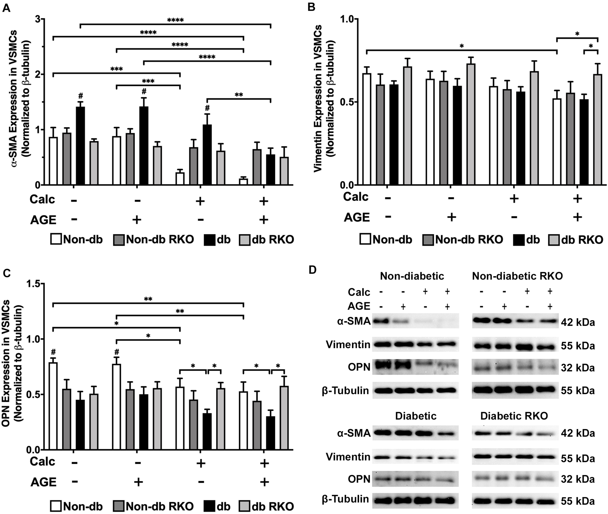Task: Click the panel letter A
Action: [6, 8]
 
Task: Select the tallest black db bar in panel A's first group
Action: [80, 146]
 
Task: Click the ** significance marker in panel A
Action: [239, 95]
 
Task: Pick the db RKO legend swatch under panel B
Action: [554, 240]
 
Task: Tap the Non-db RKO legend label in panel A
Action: [160, 240]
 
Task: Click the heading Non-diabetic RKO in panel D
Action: [517, 276]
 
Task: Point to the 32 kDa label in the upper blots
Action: [578, 368]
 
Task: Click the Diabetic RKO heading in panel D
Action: [514, 416]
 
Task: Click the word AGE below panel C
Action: [43, 482]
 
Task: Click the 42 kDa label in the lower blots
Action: [578, 433]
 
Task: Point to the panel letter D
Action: [312, 270]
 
